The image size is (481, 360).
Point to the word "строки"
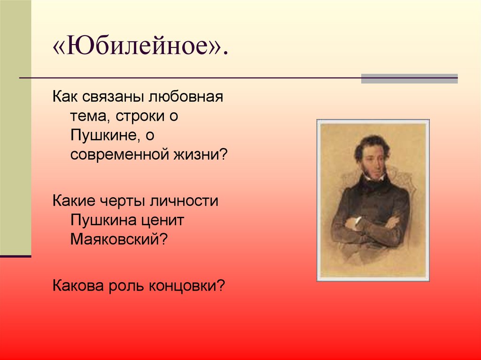(x=136, y=117)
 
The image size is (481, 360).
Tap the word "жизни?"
(x=205, y=155)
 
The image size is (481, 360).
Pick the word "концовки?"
(x=188, y=285)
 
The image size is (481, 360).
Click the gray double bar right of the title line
(x=409, y=78)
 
